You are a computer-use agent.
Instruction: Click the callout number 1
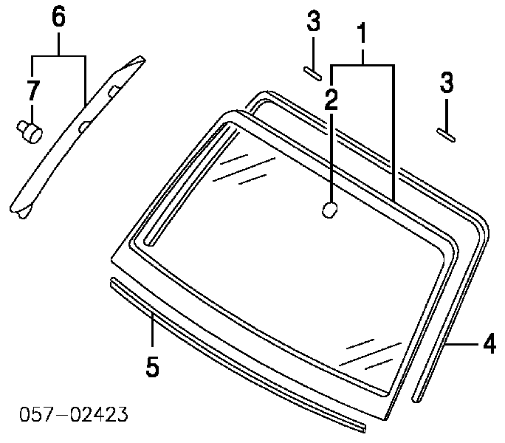[363, 32]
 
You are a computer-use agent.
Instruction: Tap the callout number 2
[331, 99]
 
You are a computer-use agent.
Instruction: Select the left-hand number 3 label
[314, 21]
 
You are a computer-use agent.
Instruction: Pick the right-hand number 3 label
[447, 82]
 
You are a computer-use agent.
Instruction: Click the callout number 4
[489, 343]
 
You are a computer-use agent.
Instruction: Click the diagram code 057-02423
[73, 414]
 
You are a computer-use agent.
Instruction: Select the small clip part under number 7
[30, 132]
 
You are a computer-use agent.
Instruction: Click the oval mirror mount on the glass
[330, 210]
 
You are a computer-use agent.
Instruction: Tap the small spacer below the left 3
[312, 73]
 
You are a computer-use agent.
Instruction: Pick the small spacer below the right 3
[446, 135]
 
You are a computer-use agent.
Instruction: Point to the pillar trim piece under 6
[78, 137]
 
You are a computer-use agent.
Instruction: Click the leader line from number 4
[461, 344]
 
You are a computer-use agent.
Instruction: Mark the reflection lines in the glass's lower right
[371, 354]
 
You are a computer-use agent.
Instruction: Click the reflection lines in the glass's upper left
[244, 170]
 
